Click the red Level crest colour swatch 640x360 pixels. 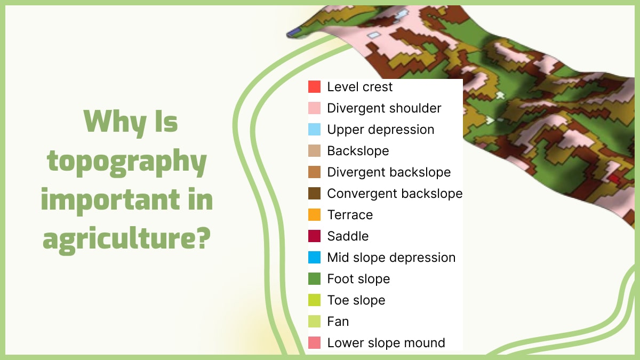[x=315, y=87]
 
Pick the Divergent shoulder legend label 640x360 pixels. [x=384, y=108]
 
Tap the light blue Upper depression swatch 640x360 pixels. [x=315, y=130]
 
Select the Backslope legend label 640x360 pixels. [x=358, y=151]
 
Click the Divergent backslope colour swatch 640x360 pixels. [x=315, y=172]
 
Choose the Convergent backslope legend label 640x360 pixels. [x=395, y=194]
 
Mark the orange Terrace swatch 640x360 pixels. [x=315, y=215]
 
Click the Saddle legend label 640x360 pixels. [x=348, y=236]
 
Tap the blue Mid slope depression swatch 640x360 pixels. [x=315, y=258]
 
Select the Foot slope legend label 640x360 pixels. [x=358, y=279]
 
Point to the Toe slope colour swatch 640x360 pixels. [x=315, y=300]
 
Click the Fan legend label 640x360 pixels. [x=338, y=322]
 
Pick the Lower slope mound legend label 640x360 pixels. [x=386, y=343]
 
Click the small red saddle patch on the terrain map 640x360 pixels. [x=614, y=180]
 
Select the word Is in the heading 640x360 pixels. [x=166, y=123]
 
